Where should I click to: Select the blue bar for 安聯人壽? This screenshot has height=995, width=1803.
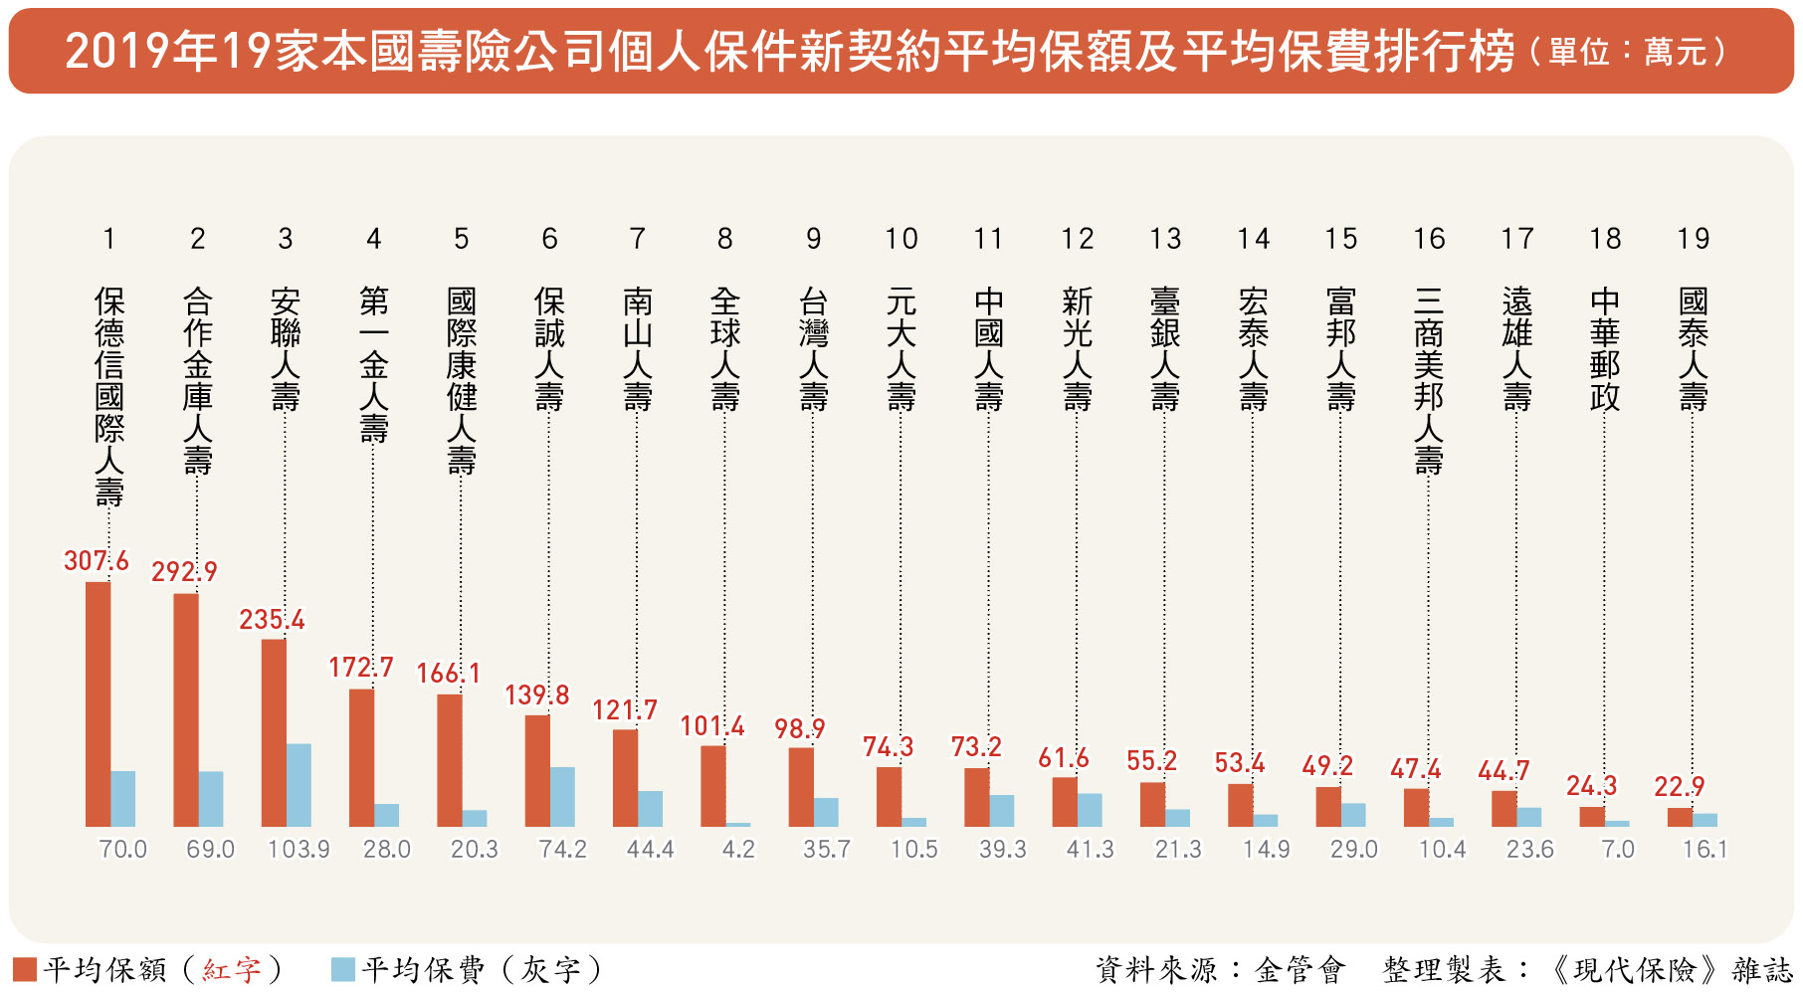point(299,785)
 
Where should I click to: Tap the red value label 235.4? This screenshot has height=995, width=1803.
point(272,620)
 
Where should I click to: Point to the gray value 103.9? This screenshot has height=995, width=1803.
point(299,850)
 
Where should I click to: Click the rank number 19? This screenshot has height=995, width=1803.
point(1693,239)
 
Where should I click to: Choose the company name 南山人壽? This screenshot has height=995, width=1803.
point(638,349)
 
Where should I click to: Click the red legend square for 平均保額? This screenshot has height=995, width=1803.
point(25,969)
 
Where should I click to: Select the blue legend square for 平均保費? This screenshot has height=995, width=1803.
point(342,969)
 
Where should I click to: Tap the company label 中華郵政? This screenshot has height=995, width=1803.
point(1604,349)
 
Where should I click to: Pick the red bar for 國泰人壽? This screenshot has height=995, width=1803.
point(1680,817)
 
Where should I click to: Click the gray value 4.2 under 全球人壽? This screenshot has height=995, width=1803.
point(738,850)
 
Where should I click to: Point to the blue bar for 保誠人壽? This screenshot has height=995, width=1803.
point(562,797)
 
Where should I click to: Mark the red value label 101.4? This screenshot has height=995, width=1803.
point(712,726)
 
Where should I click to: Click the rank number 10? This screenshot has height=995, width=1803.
point(901,239)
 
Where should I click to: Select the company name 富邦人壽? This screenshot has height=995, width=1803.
point(1340,349)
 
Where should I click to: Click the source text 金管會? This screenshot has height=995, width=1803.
point(1300,969)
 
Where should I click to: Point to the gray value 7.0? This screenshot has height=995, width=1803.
point(1618,850)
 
